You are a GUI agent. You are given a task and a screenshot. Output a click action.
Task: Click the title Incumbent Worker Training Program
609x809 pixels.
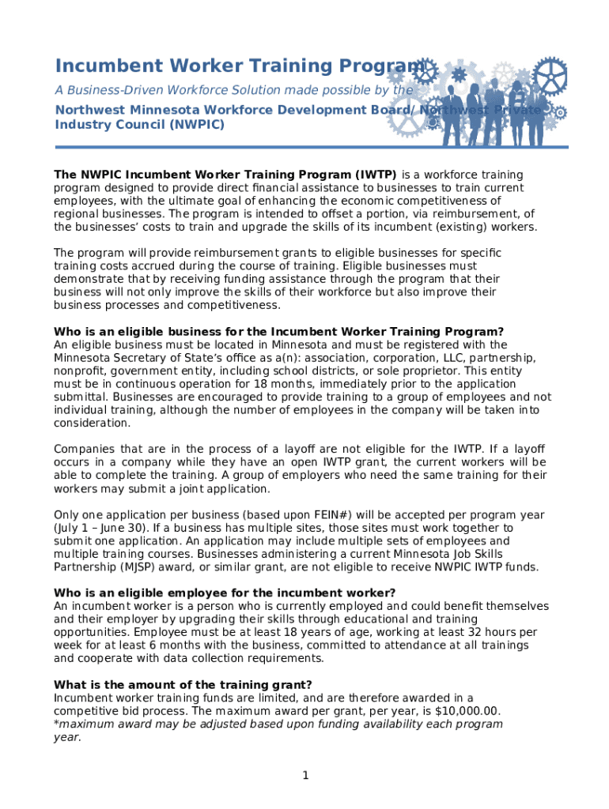coord(237,66)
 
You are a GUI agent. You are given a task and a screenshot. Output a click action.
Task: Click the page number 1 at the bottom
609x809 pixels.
coord(304,776)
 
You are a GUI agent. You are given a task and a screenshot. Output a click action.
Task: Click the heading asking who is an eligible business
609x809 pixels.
coord(278,332)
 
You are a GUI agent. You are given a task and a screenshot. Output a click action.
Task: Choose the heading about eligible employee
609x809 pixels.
coord(224,593)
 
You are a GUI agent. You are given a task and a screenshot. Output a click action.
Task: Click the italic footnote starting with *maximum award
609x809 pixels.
coord(277,724)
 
